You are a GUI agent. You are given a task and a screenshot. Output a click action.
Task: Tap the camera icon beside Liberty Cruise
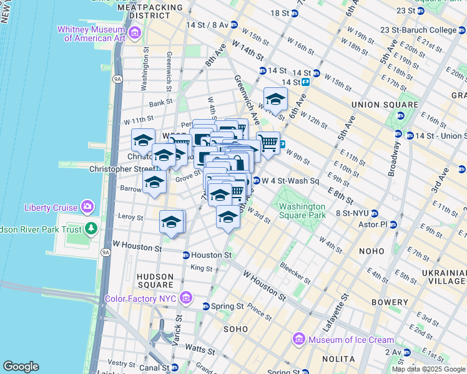87,207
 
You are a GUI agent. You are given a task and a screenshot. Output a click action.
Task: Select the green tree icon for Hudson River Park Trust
91,229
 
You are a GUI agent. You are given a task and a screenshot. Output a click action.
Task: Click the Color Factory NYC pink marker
184,299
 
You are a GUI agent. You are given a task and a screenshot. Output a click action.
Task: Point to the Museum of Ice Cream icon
299,340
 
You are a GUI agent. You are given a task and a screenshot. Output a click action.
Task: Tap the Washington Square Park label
302,211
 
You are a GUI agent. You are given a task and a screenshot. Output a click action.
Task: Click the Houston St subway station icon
185,255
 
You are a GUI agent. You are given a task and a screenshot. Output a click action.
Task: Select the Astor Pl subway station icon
393,224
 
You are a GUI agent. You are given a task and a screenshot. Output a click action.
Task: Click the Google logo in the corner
21,367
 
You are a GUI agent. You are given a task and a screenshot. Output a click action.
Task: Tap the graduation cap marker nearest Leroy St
172,221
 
